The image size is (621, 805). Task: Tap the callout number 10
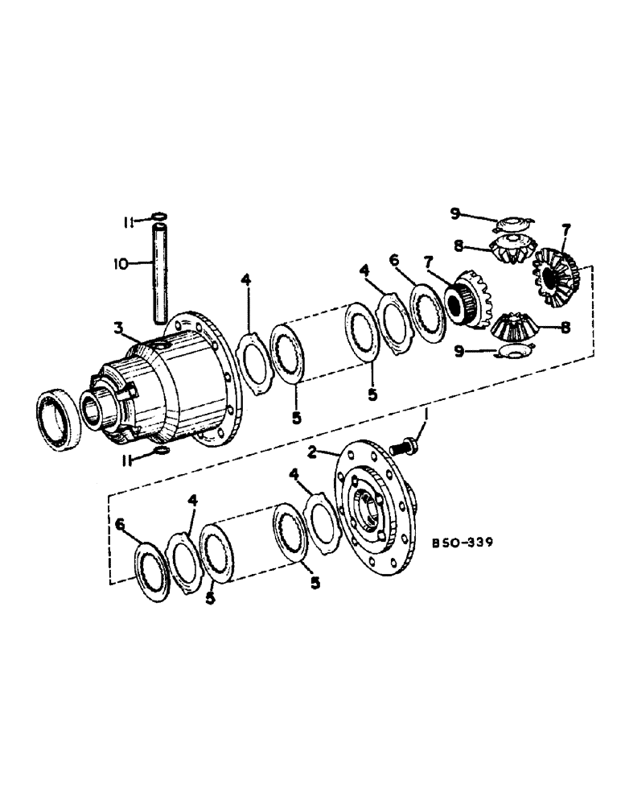(121, 262)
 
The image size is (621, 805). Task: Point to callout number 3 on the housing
(118, 328)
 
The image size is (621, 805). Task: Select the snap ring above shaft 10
(158, 215)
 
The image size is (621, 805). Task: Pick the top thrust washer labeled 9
(512, 221)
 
